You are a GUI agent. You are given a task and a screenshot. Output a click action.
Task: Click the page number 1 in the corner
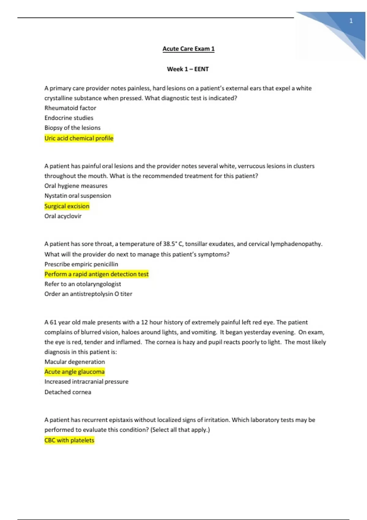pos(351,21)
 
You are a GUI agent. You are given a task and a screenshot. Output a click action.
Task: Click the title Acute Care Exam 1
pos(188,49)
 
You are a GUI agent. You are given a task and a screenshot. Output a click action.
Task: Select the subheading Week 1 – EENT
pos(188,69)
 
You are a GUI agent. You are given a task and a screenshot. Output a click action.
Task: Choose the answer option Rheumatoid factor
pos(70,108)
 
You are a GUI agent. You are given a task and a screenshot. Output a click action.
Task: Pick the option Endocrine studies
pos(69,118)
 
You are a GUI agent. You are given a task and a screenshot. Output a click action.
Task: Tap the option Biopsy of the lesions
pos(72,128)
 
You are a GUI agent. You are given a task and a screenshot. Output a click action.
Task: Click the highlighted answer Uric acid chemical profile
pos(79,138)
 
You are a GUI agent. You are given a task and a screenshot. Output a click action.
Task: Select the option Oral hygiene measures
pos(76,186)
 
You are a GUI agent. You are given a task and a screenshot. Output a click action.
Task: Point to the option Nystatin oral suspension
pos(78,196)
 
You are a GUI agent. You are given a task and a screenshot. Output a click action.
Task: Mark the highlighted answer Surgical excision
pos(67,206)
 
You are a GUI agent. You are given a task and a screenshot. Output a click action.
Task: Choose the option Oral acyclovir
pos(63,216)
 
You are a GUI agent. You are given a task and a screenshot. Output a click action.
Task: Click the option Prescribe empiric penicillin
pos(81,264)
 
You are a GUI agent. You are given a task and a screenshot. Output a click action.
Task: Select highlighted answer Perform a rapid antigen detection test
pos(96,274)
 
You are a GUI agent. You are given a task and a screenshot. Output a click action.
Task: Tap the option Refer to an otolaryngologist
pos(83,284)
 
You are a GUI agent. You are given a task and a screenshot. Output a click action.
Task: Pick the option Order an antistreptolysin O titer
pos(88,294)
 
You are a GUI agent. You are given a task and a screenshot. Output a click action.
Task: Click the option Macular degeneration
pos(75,362)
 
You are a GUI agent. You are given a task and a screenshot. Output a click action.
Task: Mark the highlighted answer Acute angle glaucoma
pos(74,372)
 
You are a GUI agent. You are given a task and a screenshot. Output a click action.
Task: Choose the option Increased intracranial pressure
pos(86,381)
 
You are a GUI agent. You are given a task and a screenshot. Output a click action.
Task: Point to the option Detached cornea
pos(68,392)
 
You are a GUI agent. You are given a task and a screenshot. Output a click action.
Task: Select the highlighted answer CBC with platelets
pos(69,440)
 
